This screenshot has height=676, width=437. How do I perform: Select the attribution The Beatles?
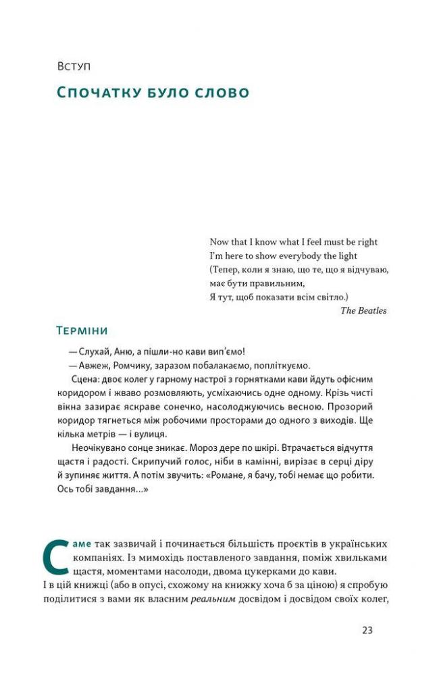(x=363, y=311)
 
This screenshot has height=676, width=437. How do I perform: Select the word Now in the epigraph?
(x=220, y=242)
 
